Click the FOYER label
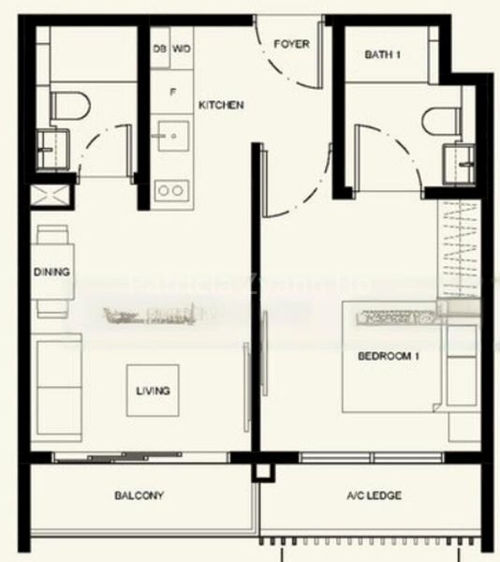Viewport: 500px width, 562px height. pos(291,44)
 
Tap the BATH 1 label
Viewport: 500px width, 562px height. pos(383,55)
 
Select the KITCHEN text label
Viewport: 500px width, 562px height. pos(222,106)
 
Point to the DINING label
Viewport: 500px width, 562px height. pos(51,273)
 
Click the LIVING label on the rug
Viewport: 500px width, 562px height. pos(153,391)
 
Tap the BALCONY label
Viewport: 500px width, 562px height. pos(140,495)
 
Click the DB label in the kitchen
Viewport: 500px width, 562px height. pos(158,48)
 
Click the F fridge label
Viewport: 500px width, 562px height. pos(172,92)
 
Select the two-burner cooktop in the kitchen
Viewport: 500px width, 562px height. pos(170,190)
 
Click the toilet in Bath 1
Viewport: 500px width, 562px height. pos(438,121)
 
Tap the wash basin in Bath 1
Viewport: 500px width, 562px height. pos(463,155)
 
